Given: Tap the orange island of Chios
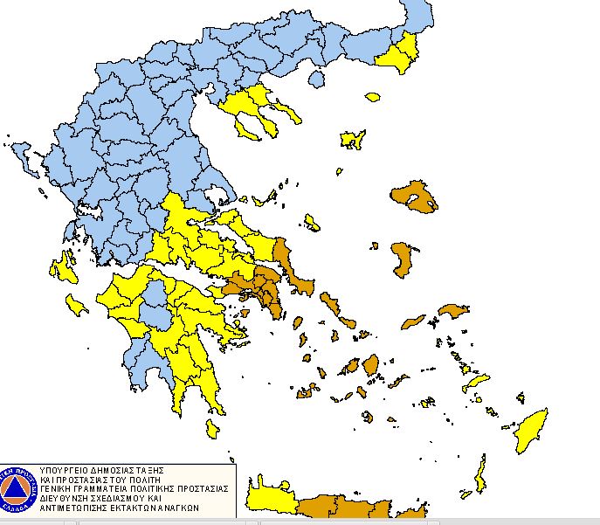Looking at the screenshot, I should [x=402, y=260].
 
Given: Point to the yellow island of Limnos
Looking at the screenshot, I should [x=352, y=139].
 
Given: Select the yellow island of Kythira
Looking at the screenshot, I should [x=212, y=427].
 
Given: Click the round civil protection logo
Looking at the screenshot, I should [x=17, y=488].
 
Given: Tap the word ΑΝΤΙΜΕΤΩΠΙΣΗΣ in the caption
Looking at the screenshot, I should [x=82, y=508].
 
